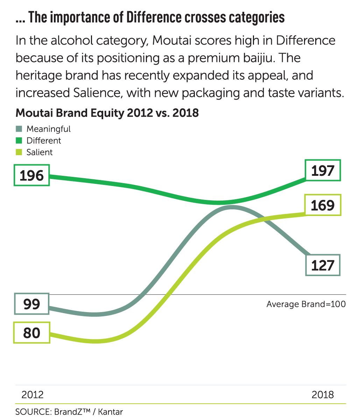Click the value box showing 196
tap(31, 175)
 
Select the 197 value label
tap(323, 171)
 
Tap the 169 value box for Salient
tap(323, 205)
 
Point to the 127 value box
tap(323, 265)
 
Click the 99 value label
tap(31, 304)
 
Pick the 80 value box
tap(31, 333)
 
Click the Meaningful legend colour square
tap(19, 129)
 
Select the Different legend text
tap(44, 140)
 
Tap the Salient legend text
tap(40, 152)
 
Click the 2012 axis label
tap(33, 395)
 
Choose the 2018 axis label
tap(323, 395)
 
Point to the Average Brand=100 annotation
tap(306, 304)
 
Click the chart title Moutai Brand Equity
tap(107, 113)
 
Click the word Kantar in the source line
tap(110, 411)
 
